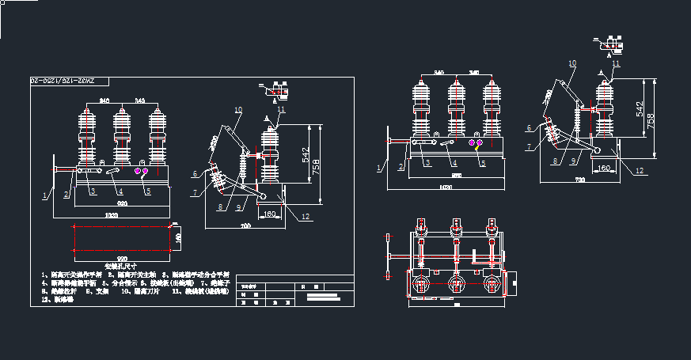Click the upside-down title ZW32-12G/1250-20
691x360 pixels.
tap(61, 81)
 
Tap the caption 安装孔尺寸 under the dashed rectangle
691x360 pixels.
tap(121, 266)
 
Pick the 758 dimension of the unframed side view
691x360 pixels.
tap(650, 119)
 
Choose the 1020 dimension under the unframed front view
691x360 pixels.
tap(447, 188)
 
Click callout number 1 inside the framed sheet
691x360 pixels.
tap(44, 193)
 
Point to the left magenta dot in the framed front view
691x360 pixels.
tap(138, 171)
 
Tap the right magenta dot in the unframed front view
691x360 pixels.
tap(479, 142)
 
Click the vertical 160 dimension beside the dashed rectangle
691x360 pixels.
tap(178, 237)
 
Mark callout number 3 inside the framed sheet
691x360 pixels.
tap(93, 191)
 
